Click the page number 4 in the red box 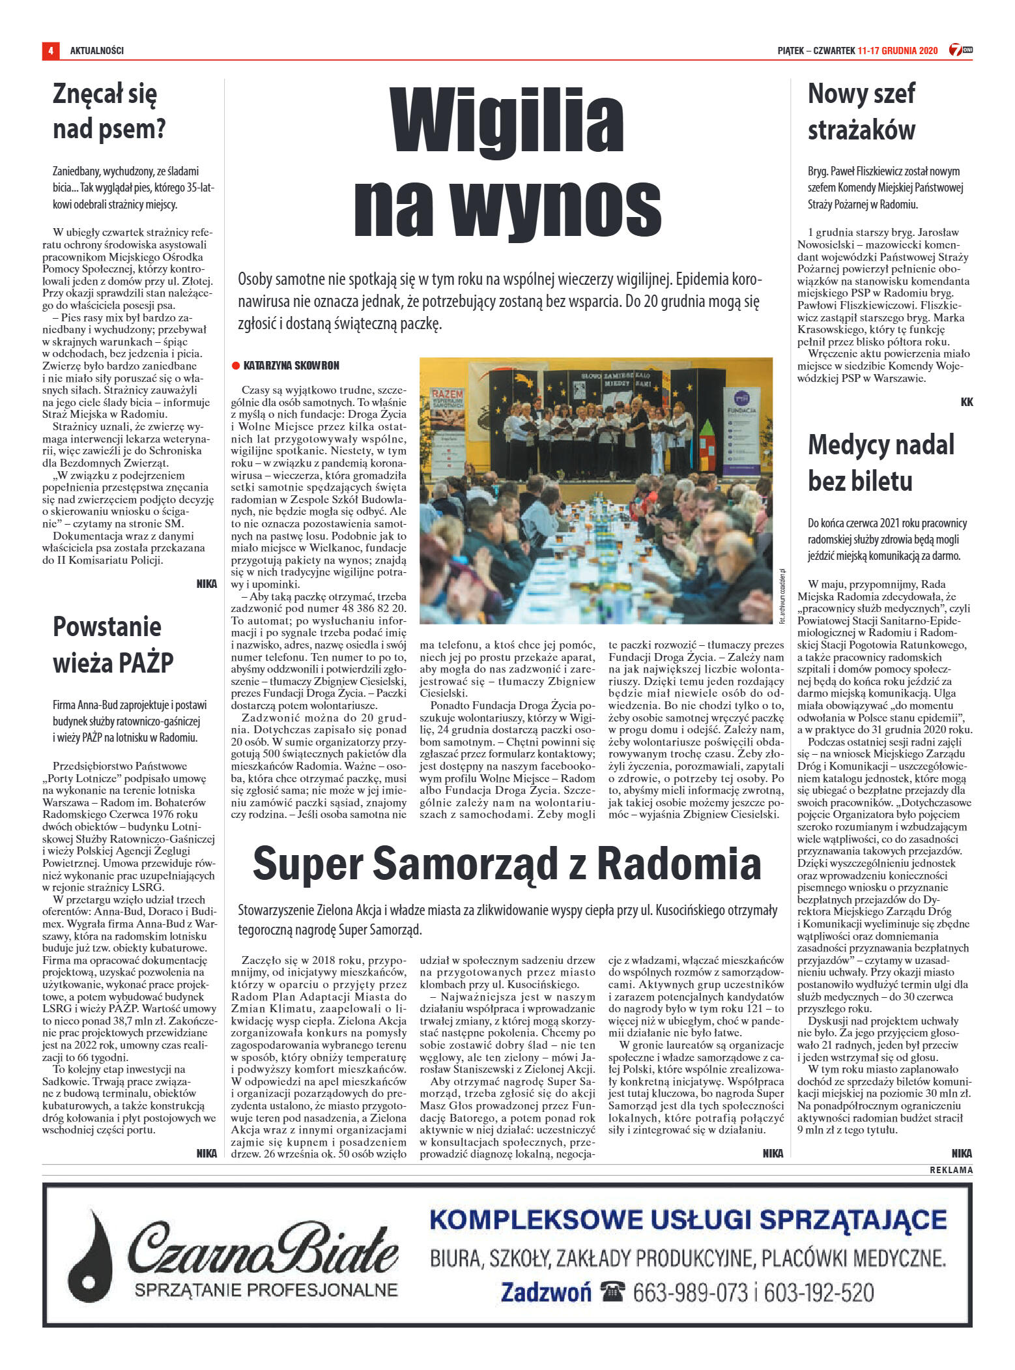50,50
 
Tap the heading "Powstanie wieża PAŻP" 113,645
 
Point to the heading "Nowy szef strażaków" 861,111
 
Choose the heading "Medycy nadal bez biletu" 881,463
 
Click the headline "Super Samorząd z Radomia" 507,863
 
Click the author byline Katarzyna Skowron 291,366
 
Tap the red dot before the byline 236,366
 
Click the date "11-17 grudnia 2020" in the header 897,51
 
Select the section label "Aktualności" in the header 97,51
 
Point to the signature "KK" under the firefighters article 966,402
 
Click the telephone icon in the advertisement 612,1291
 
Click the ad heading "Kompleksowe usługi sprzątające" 688,1219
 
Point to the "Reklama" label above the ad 951,1170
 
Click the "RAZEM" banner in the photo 447,395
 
